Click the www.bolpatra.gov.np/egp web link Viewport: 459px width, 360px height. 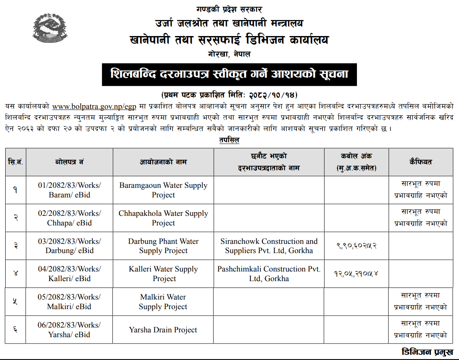[x=94, y=107]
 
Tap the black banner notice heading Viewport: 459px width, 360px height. [x=229, y=74]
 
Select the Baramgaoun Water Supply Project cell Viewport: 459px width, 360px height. [x=163, y=190]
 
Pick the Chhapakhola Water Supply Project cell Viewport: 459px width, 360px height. [x=163, y=218]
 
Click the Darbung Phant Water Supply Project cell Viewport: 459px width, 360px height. [x=163, y=246]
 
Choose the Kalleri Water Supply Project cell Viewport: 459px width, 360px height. [x=163, y=274]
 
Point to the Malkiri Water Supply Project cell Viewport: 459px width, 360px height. [x=163, y=302]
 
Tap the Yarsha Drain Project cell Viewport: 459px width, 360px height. [x=163, y=330]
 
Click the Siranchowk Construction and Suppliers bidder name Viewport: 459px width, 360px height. [x=269, y=246]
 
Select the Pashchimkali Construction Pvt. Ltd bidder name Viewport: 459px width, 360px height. [x=269, y=274]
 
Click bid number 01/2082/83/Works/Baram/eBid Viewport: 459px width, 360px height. [x=70, y=190]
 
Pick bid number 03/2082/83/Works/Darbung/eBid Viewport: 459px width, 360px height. [x=70, y=246]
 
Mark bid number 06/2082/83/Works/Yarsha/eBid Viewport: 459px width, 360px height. [x=69, y=330]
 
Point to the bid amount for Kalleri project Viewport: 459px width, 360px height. [x=356, y=274]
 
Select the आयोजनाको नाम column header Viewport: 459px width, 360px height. [x=163, y=162]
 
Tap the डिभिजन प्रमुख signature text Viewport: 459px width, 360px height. [x=427, y=352]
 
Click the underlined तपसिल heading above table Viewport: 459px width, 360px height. [x=229, y=141]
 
